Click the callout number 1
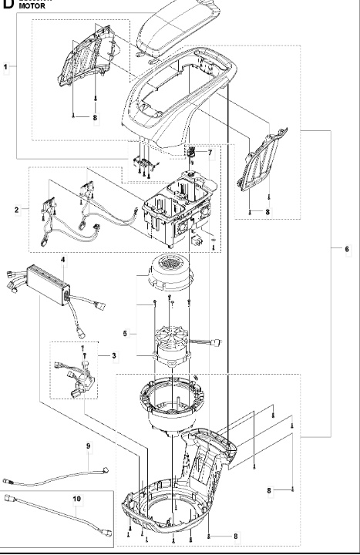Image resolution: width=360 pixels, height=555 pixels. [6, 67]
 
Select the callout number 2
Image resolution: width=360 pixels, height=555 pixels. [17, 209]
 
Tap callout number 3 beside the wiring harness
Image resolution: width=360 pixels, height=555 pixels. [114, 355]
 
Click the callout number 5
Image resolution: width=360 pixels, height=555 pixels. [125, 313]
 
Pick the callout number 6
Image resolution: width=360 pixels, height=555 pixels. [346, 248]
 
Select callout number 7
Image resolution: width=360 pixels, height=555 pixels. [209, 153]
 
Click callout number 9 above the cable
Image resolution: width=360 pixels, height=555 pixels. [88, 446]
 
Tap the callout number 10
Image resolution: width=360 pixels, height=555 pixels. [76, 499]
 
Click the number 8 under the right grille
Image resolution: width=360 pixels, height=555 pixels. [267, 211]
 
